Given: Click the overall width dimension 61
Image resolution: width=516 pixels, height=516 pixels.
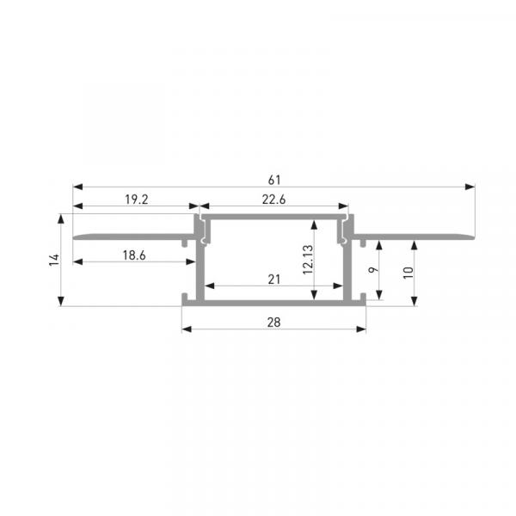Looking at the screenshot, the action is coord(274,180).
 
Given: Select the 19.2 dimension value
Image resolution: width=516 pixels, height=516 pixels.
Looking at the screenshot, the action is coord(137,200).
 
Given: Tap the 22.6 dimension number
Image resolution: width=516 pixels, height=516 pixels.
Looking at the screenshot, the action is coord(273,200).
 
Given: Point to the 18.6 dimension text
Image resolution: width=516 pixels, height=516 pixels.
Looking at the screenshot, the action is coord(134,255).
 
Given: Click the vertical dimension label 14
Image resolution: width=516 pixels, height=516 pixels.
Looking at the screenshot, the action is coord(54,260).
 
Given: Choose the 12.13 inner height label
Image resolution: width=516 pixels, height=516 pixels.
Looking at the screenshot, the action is coord(308,260).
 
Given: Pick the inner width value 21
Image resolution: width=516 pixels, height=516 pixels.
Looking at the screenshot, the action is coord(273,279).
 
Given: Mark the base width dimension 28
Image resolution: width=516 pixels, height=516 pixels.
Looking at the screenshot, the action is coord(273,322).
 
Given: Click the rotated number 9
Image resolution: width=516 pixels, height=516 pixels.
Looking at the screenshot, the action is coord(373,270).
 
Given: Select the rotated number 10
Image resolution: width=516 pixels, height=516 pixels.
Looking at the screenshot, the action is coord(408,273).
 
